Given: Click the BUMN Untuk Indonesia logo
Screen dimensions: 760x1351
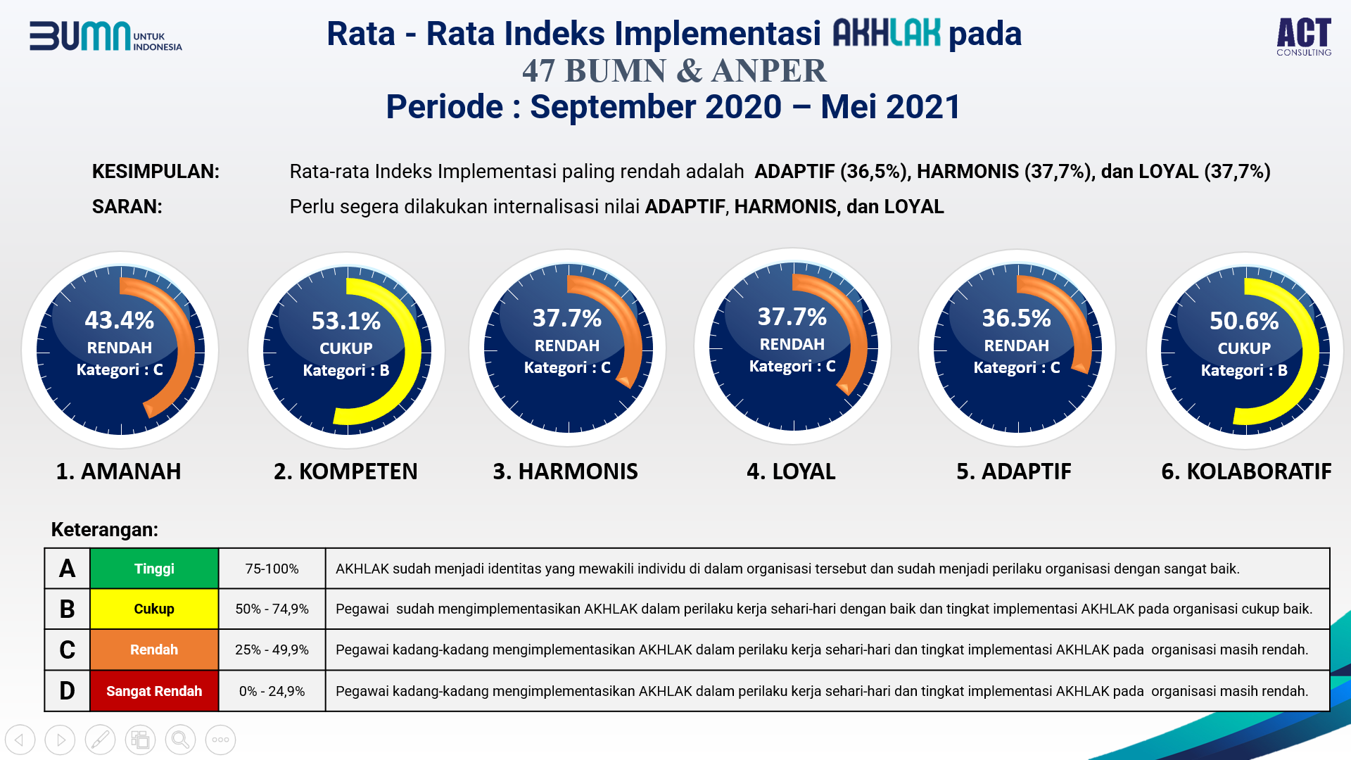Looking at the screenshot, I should click(x=106, y=37).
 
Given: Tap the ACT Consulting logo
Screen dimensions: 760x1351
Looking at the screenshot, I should click(x=1304, y=37).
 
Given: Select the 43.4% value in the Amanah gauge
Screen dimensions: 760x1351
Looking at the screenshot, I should click(x=120, y=321).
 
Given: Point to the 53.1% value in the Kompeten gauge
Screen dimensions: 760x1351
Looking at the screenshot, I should click(x=346, y=322).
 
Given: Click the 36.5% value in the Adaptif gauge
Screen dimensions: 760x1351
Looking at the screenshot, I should click(x=1016, y=319).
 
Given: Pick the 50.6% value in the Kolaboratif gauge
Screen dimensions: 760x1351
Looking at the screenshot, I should click(x=1244, y=322).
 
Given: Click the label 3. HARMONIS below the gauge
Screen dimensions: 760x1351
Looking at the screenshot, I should click(x=565, y=471).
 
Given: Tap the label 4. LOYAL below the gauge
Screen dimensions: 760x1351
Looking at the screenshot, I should click(x=791, y=471).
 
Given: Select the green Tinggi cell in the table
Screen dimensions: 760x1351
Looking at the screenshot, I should click(x=154, y=569).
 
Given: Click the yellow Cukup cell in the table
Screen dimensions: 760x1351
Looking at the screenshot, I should click(x=154, y=609).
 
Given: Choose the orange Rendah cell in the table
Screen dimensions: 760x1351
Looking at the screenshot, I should click(x=154, y=650).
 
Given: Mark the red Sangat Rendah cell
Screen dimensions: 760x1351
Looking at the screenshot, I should click(x=154, y=691).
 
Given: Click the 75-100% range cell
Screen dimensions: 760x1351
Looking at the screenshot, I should click(x=272, y=569).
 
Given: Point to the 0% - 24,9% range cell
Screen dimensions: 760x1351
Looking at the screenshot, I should click(x=272, y=691).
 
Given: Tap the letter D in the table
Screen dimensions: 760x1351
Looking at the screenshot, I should click(x=67, y=691).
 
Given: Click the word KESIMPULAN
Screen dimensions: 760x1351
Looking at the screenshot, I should click(x=156, y=172).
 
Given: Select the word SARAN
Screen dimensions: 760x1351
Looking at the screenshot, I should click(x=127, y=207).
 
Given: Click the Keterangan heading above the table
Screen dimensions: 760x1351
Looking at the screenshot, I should click(x=105, y=530).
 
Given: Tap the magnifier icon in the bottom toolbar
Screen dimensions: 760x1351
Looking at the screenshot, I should click(x=180, y=740).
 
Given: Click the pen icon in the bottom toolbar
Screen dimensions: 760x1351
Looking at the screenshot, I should click(x=100, y=740).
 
